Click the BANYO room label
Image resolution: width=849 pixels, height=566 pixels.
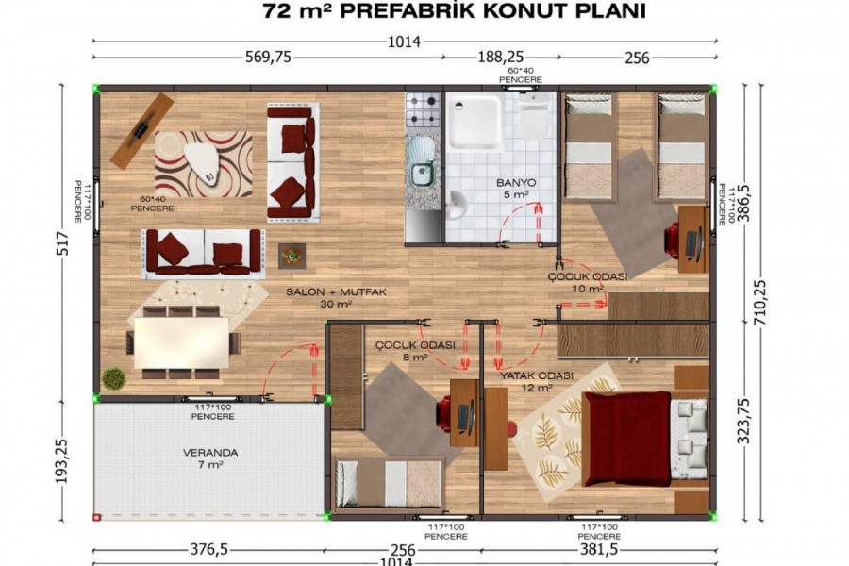(x=516, y=182)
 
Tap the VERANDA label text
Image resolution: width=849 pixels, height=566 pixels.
(x=209, y=453)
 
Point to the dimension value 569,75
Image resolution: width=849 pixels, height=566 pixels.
(x=267, y=58)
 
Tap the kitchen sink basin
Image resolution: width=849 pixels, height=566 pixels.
(x=422, y=172)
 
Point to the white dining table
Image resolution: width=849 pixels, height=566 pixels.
(x=181, y=341)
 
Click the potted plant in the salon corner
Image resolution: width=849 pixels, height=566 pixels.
(x=114, y=378)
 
